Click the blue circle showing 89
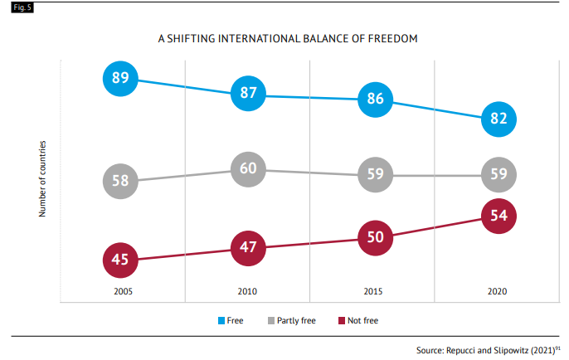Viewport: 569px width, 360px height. pos(119,78)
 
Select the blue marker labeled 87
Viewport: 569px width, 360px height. pos(248,93)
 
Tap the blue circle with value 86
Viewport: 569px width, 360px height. pos(374,99)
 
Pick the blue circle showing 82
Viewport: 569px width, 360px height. pos(498,119)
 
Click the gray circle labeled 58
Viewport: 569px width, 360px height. pos(119,181)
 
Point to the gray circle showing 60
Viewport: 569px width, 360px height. pos(248,169)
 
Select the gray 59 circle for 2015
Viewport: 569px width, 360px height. pos(374,175)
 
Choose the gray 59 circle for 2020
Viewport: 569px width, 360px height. pos(498,175)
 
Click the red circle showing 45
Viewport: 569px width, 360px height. pos(119,260)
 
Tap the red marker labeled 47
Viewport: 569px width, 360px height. pos(248,248)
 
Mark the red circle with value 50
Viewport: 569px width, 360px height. pos(374,237)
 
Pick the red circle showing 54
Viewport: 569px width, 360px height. pos(498,216)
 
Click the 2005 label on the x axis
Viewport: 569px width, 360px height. pos(123,292)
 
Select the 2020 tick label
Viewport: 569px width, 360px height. pos(497,292)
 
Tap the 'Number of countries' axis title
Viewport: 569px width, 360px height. pos(41,179)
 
